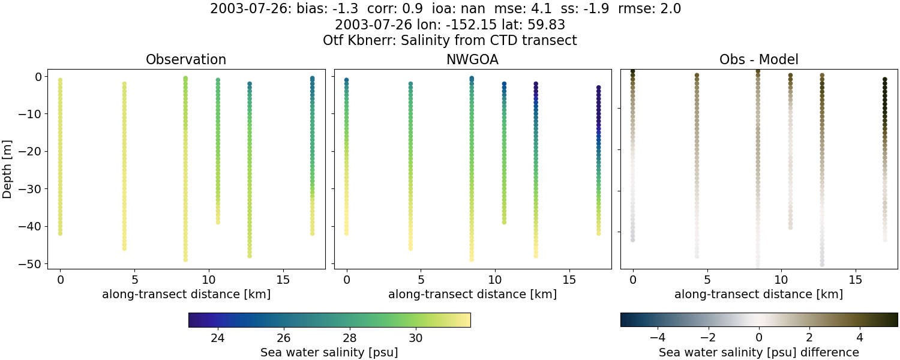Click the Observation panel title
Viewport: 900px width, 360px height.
(186, 59)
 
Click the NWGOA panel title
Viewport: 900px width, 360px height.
(472, 59)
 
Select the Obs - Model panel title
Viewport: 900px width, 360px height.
(758, 59)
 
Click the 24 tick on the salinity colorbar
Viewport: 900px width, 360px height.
(218, 338)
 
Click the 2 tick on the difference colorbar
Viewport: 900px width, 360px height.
(809, 338)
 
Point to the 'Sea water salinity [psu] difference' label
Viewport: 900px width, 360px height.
(758, 352)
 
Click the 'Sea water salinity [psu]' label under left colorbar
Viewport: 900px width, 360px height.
(329, 352)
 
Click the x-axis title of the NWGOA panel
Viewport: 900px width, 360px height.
(472, 295)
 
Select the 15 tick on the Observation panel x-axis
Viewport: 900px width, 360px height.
(283, 280)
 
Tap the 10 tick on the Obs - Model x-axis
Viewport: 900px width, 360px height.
(781, 280)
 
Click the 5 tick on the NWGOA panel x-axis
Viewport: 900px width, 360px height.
(421, 280)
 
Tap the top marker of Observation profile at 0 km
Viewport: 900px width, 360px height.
(60, 80)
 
